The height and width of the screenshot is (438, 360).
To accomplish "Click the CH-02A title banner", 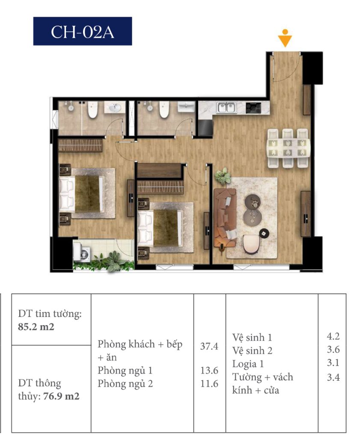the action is (83, 31).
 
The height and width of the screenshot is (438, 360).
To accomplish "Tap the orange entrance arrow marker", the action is (285, 38).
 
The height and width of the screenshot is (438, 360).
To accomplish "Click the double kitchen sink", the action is (227, 107).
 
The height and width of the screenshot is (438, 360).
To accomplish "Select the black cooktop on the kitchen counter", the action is (253, 108).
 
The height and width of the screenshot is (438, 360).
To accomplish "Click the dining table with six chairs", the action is (289, 148).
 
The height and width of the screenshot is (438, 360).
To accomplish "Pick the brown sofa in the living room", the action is (225, 218).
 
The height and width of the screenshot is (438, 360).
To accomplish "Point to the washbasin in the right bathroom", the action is (187, 107).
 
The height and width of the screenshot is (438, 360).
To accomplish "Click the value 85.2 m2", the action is (36, 327).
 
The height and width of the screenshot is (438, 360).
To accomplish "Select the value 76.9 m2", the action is (62, 396).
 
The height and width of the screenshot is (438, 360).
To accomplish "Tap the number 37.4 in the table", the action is (209, 346).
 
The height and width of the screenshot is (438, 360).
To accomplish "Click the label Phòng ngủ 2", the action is (125, 384).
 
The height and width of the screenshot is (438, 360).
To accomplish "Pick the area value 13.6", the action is (209, 371).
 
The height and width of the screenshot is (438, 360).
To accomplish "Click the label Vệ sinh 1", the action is (252, 337).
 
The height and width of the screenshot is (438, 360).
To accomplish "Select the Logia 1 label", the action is (248, 364).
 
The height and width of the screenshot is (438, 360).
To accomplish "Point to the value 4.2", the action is (333, 336).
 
